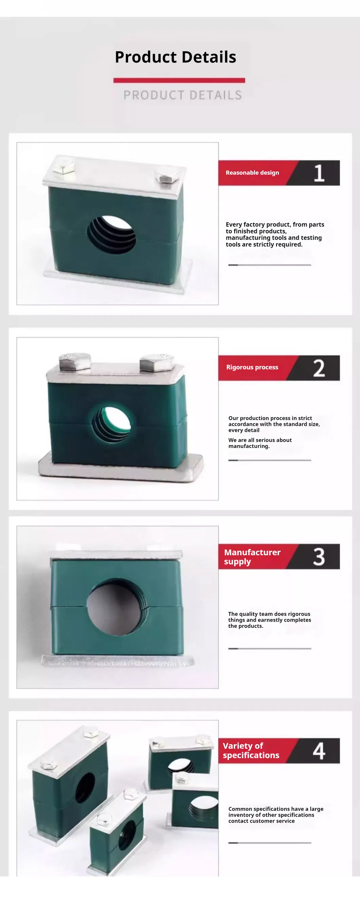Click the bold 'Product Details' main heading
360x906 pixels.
176,57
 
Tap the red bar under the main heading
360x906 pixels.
179,80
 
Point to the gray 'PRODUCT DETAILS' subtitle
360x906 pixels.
182,95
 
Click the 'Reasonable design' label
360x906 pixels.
252,172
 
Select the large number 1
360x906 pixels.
319,173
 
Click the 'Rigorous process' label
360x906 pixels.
252,367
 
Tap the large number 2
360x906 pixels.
319,368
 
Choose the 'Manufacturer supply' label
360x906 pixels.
252,557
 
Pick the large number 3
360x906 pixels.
319,556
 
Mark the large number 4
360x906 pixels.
319,751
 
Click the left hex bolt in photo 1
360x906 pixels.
64,164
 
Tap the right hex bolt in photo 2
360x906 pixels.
157,363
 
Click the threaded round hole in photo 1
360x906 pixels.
111,234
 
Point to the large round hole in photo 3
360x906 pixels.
116,607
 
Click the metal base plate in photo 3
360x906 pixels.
118,661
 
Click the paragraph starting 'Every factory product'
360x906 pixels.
275,234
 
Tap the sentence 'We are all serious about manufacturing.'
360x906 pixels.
260,443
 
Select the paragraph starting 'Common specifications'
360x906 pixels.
276,815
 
